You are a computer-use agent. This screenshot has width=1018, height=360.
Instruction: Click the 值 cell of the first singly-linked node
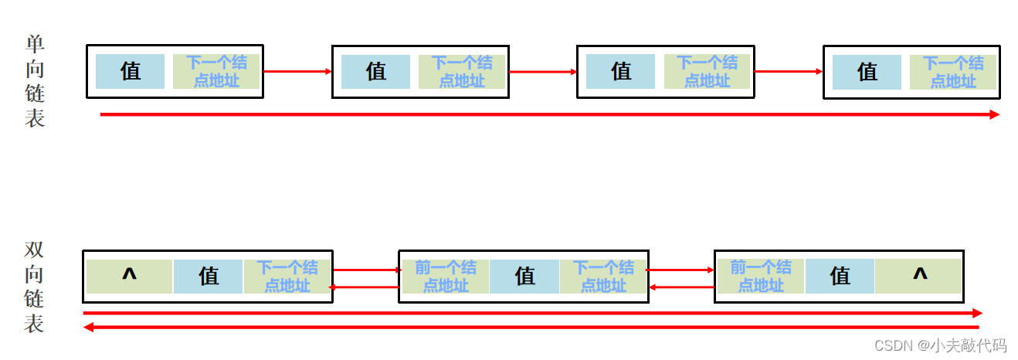pyautogui.click(x=130, y=71)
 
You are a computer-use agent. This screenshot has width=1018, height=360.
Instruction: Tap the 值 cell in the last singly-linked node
pyautogui.click(x=867, y=72)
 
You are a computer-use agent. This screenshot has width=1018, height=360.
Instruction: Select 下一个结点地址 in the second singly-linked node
pyautogui.click(x=462, y=71)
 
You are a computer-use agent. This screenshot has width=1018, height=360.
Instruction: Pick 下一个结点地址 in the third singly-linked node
pyautogui.click(x=707, y=71)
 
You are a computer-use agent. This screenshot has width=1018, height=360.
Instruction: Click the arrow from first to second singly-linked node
pyautogui.click(x=297, y=71)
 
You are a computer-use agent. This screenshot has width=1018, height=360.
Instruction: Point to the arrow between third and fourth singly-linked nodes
pyautogui.click(x=789, y=71)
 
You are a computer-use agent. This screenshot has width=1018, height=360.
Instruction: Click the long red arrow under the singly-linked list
pyautogui.click(x=549, y=114)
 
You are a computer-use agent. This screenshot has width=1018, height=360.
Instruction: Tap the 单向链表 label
pyautogui.click(x=35, y=80)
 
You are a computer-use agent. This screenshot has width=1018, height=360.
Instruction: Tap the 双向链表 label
pyautogui.click(x=35, y=287)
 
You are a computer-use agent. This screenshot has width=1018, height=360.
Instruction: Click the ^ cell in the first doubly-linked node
pyautogui.click(x=129, y=276)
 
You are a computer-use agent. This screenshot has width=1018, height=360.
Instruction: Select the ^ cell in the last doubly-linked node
pyautogui.click(x=918, y=276)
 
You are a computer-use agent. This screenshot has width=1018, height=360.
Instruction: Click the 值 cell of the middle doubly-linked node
pyautogui.click(x=524, y=276)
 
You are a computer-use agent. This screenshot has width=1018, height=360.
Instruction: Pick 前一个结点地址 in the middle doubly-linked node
pyautogui.click(x=445, y=276)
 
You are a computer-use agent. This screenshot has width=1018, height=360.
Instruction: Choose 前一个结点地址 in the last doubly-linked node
pyautogui.click(x=761, y=276)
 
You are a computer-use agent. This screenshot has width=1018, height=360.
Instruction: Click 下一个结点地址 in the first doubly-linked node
pyautogui.click(x=287, y=276)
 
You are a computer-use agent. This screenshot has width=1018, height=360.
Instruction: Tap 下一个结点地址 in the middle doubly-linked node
pyautogui.click(x=603, y=276)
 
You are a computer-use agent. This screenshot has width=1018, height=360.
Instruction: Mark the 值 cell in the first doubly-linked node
pyautogui.click(x=209, y=276)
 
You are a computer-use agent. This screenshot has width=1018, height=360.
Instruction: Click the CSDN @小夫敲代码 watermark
pyautogui.click(x=940, y=345)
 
